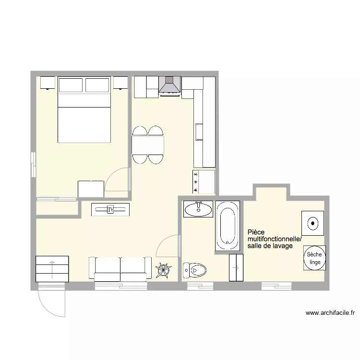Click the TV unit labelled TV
(110, 209)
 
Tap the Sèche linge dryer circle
(314, 259)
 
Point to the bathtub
(228, 226)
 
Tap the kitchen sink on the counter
(199, 132)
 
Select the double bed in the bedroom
(84, 115)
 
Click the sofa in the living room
(120, 269)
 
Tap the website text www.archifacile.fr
(330, 313)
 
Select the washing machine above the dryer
(313, 223)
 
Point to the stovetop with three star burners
(204, 182)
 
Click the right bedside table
(121, 83)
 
